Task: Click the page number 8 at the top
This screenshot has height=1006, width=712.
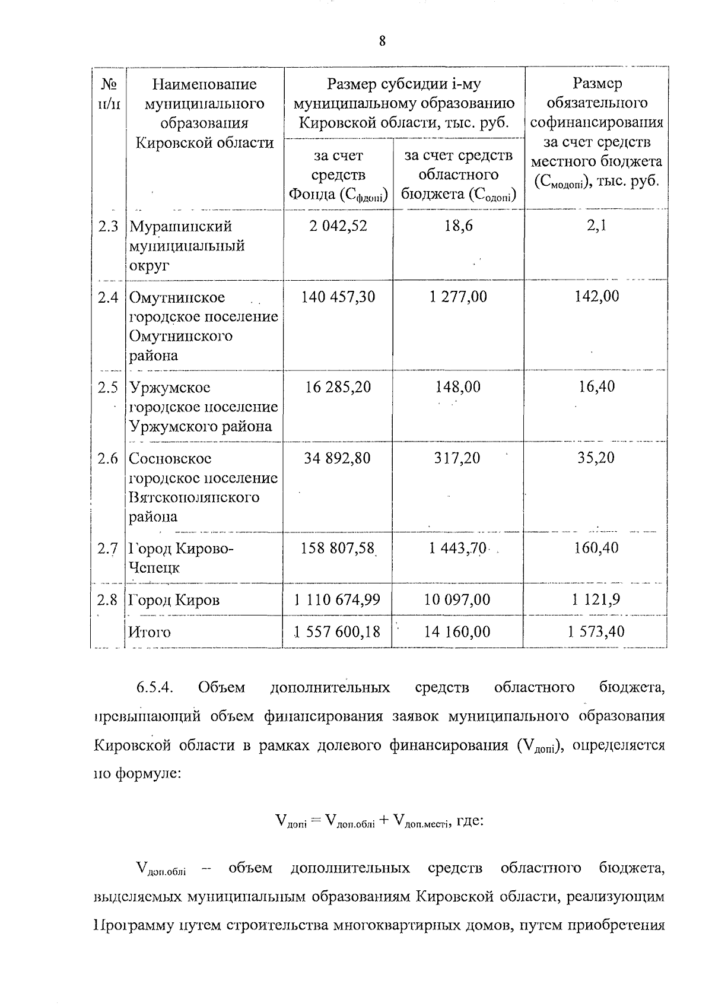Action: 382,41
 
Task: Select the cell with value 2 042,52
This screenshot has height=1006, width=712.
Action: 338,226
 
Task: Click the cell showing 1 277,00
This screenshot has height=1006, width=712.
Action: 458,296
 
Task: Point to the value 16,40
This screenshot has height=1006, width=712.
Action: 597,387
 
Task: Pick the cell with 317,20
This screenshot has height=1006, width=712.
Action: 458,458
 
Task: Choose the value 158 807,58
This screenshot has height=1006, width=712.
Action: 338,548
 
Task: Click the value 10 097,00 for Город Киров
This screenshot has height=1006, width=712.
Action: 457,600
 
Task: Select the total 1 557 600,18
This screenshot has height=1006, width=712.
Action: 338,631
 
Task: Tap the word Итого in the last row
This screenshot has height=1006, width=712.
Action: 150,632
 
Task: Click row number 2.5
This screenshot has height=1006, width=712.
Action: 108,388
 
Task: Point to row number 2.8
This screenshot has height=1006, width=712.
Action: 108,600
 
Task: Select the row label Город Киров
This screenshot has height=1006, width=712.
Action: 174,600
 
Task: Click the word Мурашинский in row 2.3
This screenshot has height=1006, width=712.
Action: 181,226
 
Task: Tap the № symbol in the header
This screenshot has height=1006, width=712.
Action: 108,84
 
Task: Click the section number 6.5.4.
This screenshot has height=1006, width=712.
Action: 154,687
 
